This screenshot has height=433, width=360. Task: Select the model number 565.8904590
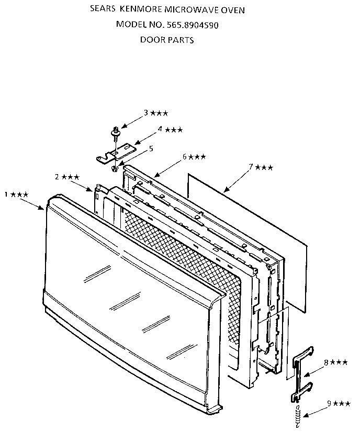pos(192,25)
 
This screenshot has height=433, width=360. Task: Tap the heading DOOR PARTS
pos(167,40)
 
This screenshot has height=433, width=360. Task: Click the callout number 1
pos(6,195)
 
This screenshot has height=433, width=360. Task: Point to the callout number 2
pos(57,177)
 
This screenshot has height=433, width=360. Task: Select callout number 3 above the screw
pos(146,112)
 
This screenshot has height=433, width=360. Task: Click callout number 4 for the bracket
pos(160,129)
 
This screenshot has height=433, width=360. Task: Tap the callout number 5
pos(151,149)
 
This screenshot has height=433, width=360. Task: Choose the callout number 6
pos(185,156)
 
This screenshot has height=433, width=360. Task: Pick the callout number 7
pos(251,167)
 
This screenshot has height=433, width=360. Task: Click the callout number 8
pos(327,362)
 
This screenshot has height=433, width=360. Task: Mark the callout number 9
pos(329,403)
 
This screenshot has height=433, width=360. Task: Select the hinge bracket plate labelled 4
pos(117,153)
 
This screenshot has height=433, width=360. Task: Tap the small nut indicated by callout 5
pos(114,168)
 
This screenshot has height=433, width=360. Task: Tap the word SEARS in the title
pos(103,9)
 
